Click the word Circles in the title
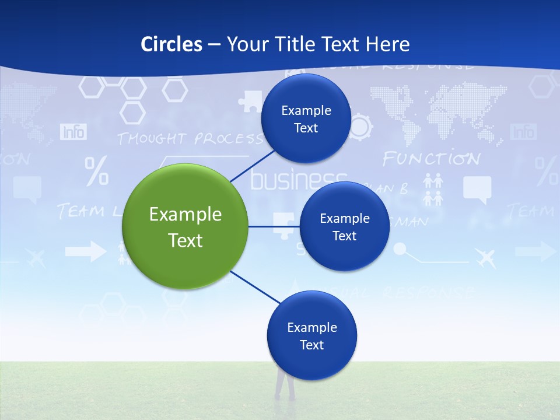click(171, 44)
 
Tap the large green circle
click(185, 226)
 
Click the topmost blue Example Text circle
click(306, 118)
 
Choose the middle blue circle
click(344, 226)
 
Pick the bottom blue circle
click(311, 335)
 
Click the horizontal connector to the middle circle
click(274, 226)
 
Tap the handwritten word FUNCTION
click(431, 159)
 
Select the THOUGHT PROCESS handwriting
click(190, 139)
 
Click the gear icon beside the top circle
click(361, 126)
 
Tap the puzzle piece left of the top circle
click(250, 101)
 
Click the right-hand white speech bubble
click(477, 190)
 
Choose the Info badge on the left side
click(73, 132)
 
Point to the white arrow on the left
click(85, 252)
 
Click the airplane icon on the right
click(485, 257)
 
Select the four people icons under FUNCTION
click(433, 190)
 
